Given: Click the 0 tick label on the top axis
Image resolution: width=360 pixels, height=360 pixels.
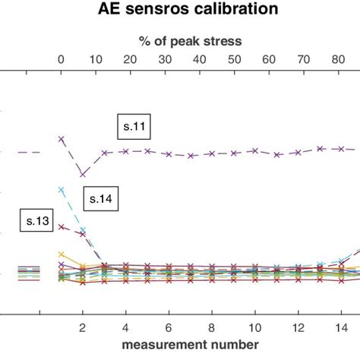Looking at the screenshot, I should coord(62,61).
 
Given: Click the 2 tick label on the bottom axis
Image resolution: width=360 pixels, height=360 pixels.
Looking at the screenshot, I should coord(83,327).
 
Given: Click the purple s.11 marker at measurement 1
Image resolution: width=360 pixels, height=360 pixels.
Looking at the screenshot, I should coord(62,139).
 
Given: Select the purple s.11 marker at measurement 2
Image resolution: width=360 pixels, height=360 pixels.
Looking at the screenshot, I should coord(83,175).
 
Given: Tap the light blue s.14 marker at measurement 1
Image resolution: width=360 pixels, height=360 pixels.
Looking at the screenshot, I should coord(62,189).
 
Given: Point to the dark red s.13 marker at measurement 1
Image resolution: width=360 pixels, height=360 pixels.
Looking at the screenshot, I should coord(62,226).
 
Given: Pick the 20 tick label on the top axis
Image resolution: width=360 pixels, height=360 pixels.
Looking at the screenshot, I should coord(131,61).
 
